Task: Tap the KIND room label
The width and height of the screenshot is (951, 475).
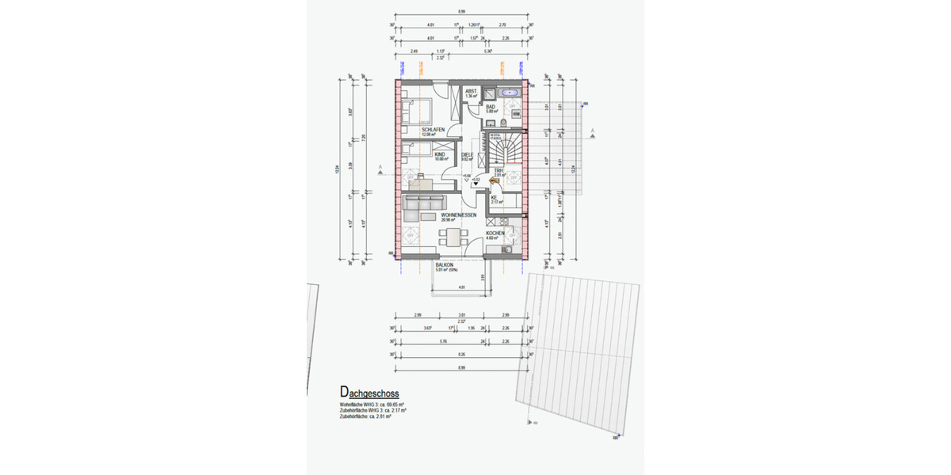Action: [x=429, y=154]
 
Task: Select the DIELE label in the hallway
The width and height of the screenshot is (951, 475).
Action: [x=468, y=154]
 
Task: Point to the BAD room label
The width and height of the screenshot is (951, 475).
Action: [x=491, y=107]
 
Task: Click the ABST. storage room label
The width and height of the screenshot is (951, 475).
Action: [x=471, y=91]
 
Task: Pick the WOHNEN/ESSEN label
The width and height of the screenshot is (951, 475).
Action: [x=459, y=215]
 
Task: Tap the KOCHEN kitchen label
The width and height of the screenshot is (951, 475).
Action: [x=495, y=233]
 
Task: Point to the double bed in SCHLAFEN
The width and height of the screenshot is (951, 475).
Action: [x=418, y=109]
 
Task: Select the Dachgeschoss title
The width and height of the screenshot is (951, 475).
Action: [x=369, y=393]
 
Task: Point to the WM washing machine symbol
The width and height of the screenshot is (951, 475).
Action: [x=517, y=114]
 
